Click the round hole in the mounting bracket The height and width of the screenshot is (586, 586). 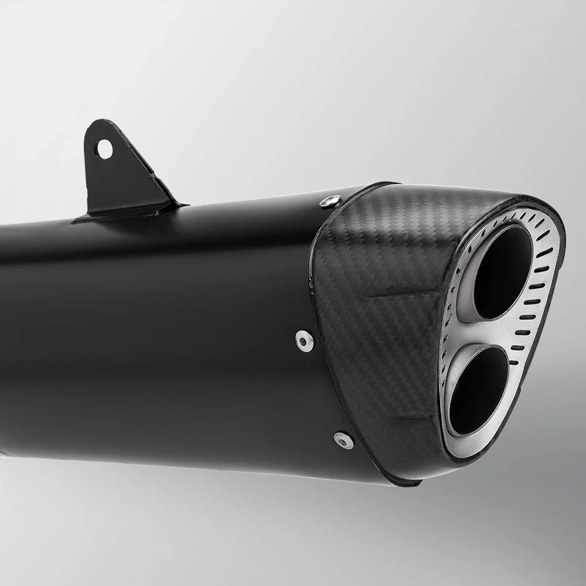tap(105, 147)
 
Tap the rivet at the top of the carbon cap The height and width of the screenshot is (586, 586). tap(328, 201)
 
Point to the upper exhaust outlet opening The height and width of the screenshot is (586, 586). tap(502, 272)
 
